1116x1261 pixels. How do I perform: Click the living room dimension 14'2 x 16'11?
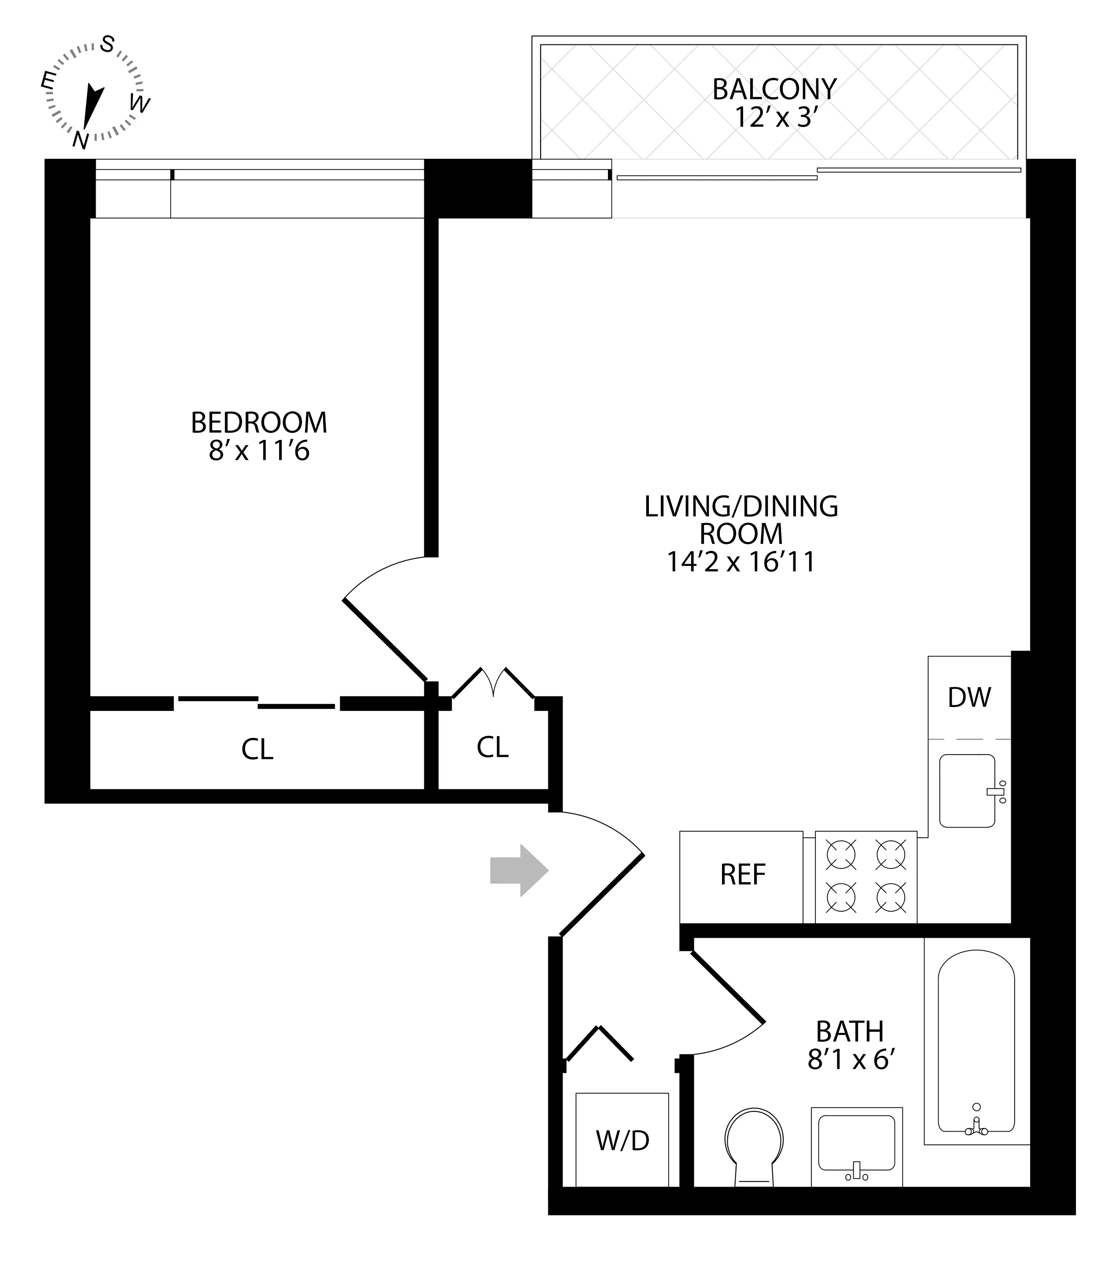[741, 562]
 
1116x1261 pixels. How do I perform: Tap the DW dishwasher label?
[969, 698]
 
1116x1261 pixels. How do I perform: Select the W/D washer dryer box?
[622, 1141]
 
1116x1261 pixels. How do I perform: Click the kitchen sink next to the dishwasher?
[967, 791]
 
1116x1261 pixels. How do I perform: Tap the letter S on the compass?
[107, 44]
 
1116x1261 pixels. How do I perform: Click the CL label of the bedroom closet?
[257, 750]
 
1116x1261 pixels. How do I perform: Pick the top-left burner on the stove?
[841, 855]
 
